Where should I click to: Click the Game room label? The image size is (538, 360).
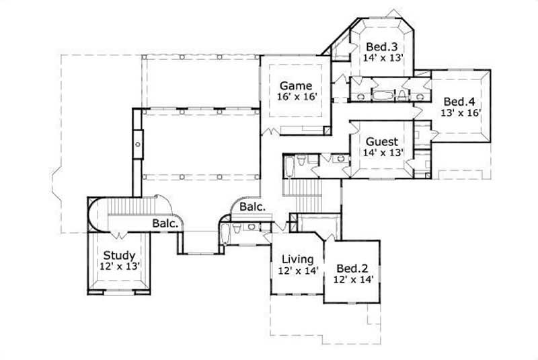pos(296,85)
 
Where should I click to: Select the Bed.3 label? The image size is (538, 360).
pos(382,46)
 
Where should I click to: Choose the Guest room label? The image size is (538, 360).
pos(382,141)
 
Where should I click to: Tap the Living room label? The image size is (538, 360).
pos(297,259)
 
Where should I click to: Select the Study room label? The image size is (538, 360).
pos(120,256)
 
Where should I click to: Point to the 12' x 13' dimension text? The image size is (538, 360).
pos(120,267)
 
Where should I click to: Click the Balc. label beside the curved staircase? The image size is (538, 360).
pos(164,223)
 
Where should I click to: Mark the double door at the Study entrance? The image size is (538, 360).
pos(120,234)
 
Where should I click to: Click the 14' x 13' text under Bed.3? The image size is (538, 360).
pos(382,58)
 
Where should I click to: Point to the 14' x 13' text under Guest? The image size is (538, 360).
pos(382,153)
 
